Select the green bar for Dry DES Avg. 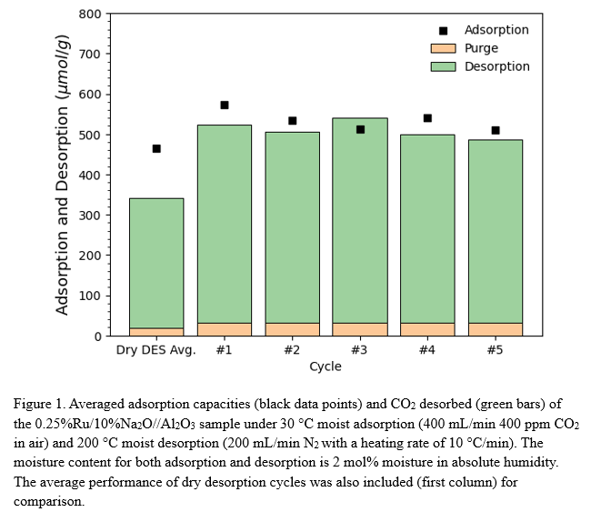click(156, 264)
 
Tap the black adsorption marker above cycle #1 click(225, 105)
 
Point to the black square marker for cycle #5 click(496, 130)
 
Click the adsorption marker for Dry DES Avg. click(156, 148)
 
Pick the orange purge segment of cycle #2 click(292, 329)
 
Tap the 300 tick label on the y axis click(90, 216)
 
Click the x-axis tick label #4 click(427, 350)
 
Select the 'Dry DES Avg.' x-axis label click(156, 350)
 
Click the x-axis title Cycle click(326, 366)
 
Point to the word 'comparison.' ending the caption click(49, 502)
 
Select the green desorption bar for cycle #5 click(496, 236)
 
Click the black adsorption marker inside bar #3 click(360, 130)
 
